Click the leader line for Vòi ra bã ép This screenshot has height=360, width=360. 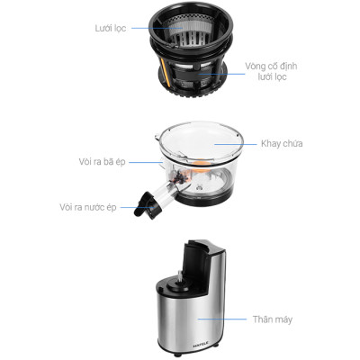pos(148,163)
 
